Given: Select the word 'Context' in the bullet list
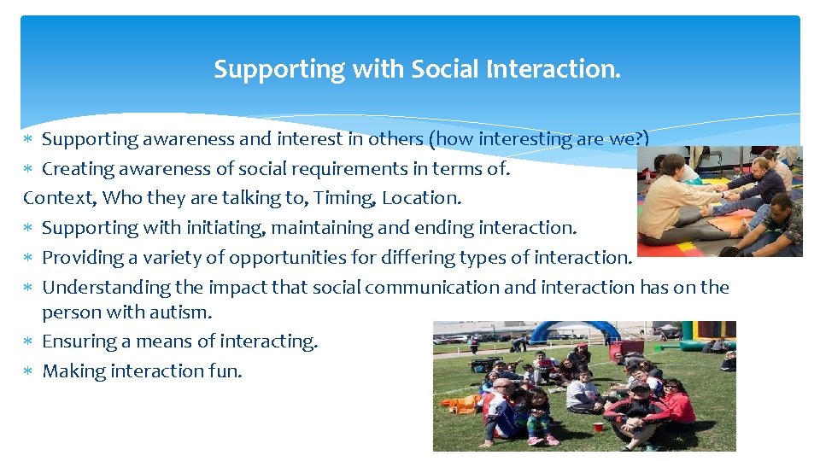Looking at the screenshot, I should click(x=51, y=198).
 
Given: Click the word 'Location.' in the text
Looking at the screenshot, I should click(x=421, y=198).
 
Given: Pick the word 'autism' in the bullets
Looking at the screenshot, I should click(x=181, y=312).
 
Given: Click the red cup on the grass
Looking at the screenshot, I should click(x=600, y=425).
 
